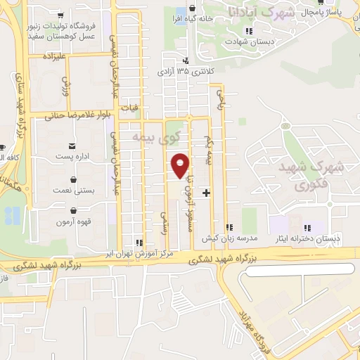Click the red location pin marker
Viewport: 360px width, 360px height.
181,165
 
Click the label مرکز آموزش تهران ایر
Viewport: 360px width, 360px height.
148,252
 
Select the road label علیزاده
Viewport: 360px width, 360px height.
53,55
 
